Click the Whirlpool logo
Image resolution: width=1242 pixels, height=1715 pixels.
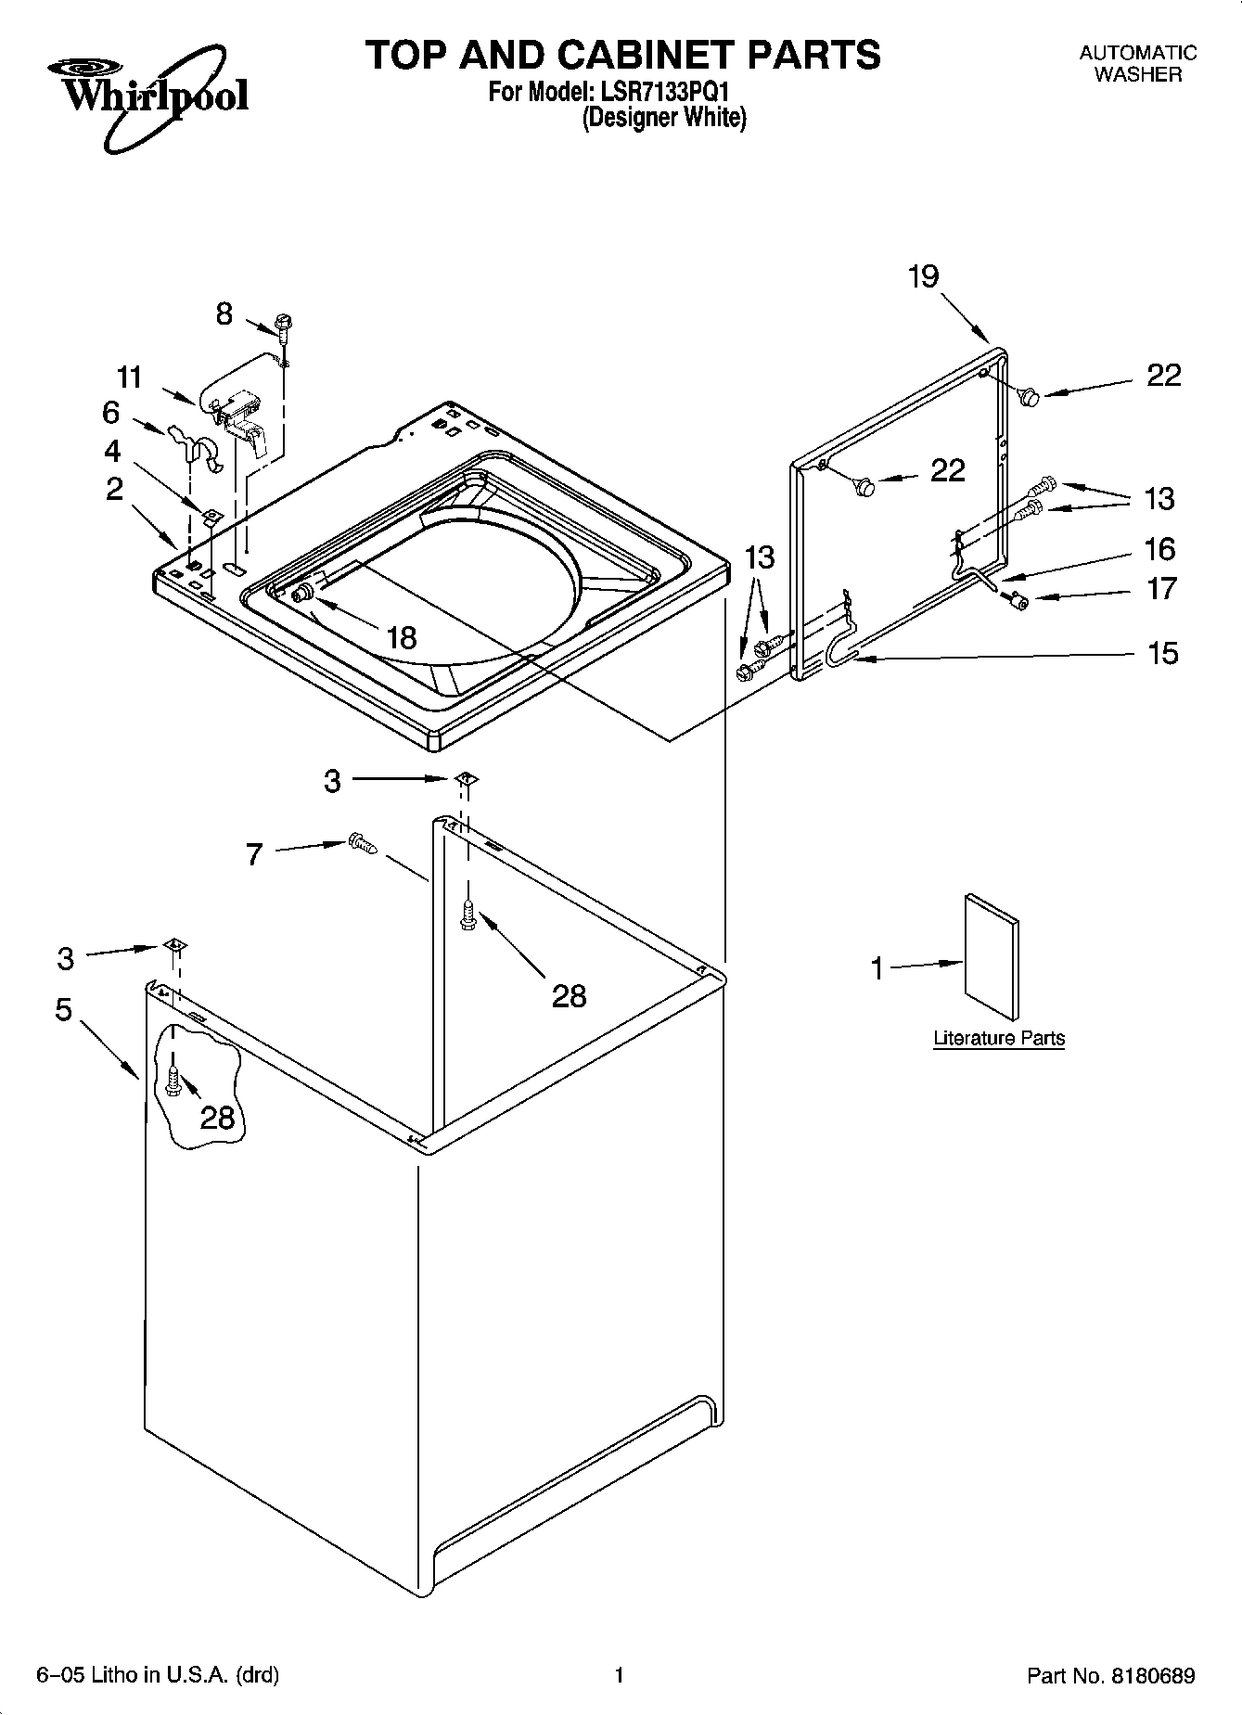(x=148, y=93)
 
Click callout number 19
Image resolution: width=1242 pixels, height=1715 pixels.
(x=923, y=276)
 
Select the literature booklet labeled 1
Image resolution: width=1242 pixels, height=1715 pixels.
(x=991, y=956)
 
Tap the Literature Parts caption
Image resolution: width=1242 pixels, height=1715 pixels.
(x=998, y=1038)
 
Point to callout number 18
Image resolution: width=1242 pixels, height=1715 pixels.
(x=401, y=637)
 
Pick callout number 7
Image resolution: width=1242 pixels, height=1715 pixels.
(x=255, y=853)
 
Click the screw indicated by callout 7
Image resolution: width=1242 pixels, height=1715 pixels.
(x=363, y=843)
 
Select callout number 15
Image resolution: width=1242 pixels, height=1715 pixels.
(x=1162, y=653)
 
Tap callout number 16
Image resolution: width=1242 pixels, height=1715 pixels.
(x=1160, y=548)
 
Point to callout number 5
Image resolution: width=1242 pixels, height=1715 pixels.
(x=63, y=1009)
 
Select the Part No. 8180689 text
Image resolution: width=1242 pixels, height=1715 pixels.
(x=1110, y=1676)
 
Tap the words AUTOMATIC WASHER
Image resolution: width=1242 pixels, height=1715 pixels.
(x=1137, y=64)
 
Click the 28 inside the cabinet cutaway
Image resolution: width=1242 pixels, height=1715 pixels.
(x=217, y=1118)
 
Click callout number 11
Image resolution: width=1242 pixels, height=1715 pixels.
(x=130, y=377)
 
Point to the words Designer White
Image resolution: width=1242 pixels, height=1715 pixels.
(x=663, y=118)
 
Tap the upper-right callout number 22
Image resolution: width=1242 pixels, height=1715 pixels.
(x=1163, y=375)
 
